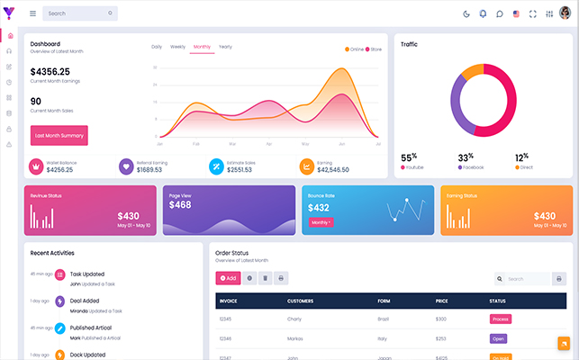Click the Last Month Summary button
coord(59,135)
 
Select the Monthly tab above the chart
coord(202,46)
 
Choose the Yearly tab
coord(225,46)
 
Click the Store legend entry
coord(375,49)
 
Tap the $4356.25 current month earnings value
coord(50,72)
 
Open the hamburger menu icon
coord(33,13)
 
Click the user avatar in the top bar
coord(565,13)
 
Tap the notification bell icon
coord(483,13)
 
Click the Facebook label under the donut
coord(473,167)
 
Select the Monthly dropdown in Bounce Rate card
coord(321,222)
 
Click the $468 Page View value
coord(180,204)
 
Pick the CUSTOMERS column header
coord(300,301)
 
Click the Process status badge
coord(500,319)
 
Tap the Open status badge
coord(498,338)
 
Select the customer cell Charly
coord(294,319)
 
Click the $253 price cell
coord(441,338)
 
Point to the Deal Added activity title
coord(86,301)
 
